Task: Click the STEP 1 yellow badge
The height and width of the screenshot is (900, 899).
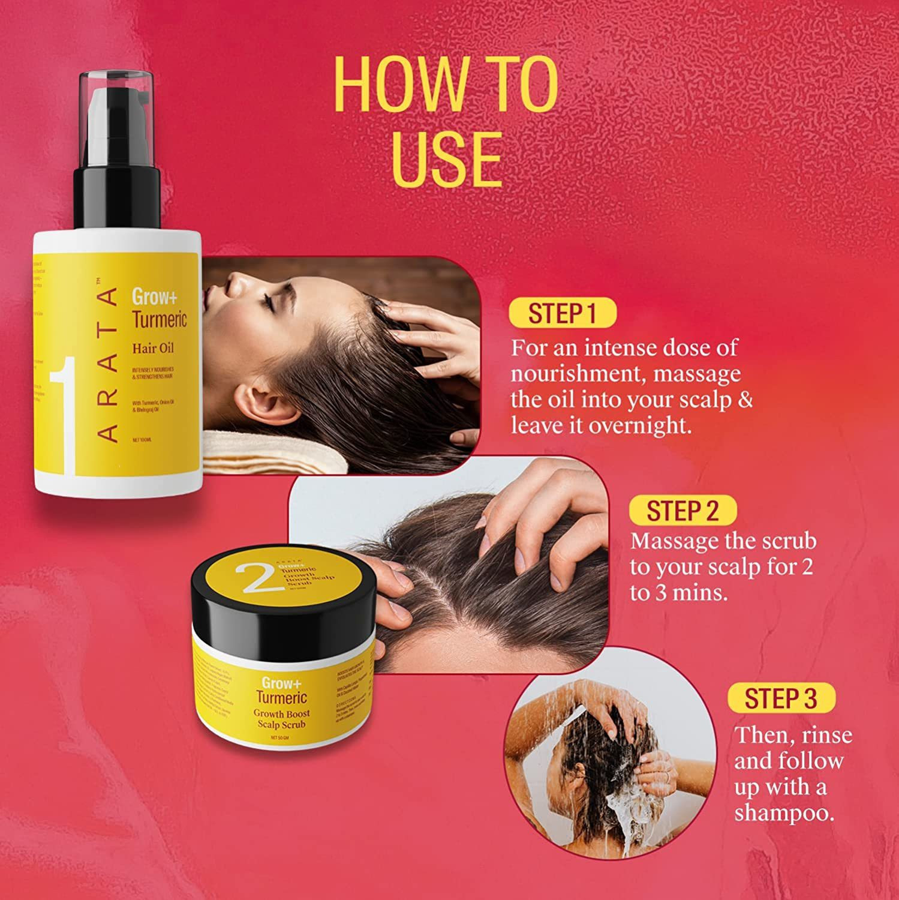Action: (x=561, y=313)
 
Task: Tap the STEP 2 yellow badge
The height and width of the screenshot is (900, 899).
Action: (x=682, y=511)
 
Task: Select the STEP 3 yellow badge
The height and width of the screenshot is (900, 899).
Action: (x=780, y=698)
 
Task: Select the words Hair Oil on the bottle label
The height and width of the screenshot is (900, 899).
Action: (x=153, y=347)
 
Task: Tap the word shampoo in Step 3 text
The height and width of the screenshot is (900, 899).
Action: (x=784, y=813)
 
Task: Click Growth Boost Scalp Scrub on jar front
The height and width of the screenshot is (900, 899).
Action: (x=281, y=719)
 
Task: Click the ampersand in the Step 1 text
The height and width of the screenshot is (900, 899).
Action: (x=744, y=400)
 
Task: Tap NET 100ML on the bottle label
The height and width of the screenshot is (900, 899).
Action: (x=142, y=440)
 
